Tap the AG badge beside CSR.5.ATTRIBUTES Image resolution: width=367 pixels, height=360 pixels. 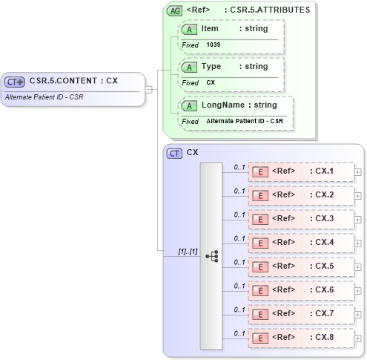[175, 10]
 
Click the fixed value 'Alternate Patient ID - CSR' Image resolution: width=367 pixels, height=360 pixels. [245, 121]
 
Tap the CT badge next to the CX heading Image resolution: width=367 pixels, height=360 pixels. [175, 153]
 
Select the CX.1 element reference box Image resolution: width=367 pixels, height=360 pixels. [300, 171]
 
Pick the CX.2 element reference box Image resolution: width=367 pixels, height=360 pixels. [300, 195]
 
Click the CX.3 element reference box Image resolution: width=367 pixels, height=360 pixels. [300, 219]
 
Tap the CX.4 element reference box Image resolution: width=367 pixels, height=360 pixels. [300, 243]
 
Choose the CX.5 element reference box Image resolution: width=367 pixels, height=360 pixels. [300, 266]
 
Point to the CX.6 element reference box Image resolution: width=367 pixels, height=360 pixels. [300, 290]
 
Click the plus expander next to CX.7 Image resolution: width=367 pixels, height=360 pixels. [358, 315]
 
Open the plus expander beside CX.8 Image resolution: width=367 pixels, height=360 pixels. [358, 338]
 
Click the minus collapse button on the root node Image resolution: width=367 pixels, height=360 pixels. [148, 90]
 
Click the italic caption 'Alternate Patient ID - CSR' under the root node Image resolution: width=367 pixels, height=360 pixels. [44, 97]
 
